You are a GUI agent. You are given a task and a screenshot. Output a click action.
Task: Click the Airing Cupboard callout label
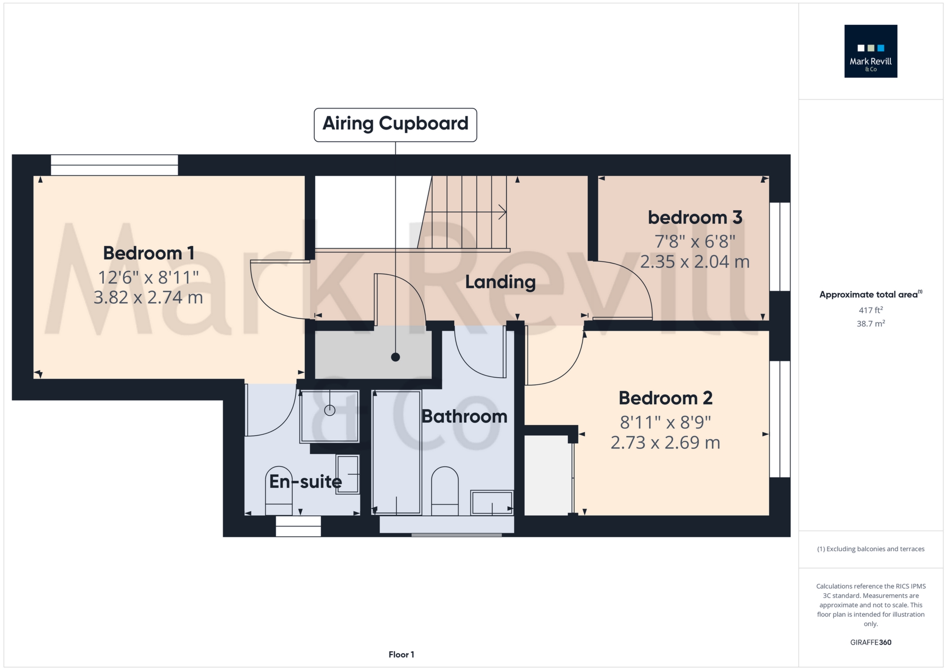tap(395, 124)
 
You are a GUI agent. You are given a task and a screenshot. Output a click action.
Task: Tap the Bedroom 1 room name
tap(149, 253)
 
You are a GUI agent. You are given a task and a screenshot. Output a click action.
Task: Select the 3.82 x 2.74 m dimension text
tap(148, 297)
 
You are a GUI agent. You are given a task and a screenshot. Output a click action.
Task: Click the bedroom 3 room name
tap(695, 217)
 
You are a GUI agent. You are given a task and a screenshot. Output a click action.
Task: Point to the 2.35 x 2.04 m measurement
tap(695, 261)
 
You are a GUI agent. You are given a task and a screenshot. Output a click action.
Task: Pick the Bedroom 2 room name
tap(665, 398)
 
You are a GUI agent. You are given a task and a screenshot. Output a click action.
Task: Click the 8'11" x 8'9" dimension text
tap(665, 422)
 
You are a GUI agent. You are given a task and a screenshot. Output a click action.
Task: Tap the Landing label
tap(500, 282)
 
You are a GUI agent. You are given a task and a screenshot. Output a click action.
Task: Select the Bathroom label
tap(464, 416)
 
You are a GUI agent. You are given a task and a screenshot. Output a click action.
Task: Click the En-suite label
tap(305, 482)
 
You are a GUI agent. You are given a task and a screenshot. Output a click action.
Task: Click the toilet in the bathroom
tap(445, 491)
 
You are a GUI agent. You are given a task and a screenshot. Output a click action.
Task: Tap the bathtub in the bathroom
tap(397, 452)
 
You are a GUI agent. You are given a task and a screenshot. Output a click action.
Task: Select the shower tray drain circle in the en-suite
tap(330, 411)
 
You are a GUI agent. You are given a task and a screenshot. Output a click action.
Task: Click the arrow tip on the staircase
tap(506, 212)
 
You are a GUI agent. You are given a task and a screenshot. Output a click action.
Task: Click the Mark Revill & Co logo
tap(871, 51)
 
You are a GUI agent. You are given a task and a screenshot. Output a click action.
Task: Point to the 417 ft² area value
tap(871, 310)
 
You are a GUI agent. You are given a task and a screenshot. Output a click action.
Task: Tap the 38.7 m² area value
tap(871, 324)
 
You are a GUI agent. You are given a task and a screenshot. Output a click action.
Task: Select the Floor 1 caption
tap(401, 655)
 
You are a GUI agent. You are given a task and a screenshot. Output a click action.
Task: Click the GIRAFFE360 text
tap(871, 642)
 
